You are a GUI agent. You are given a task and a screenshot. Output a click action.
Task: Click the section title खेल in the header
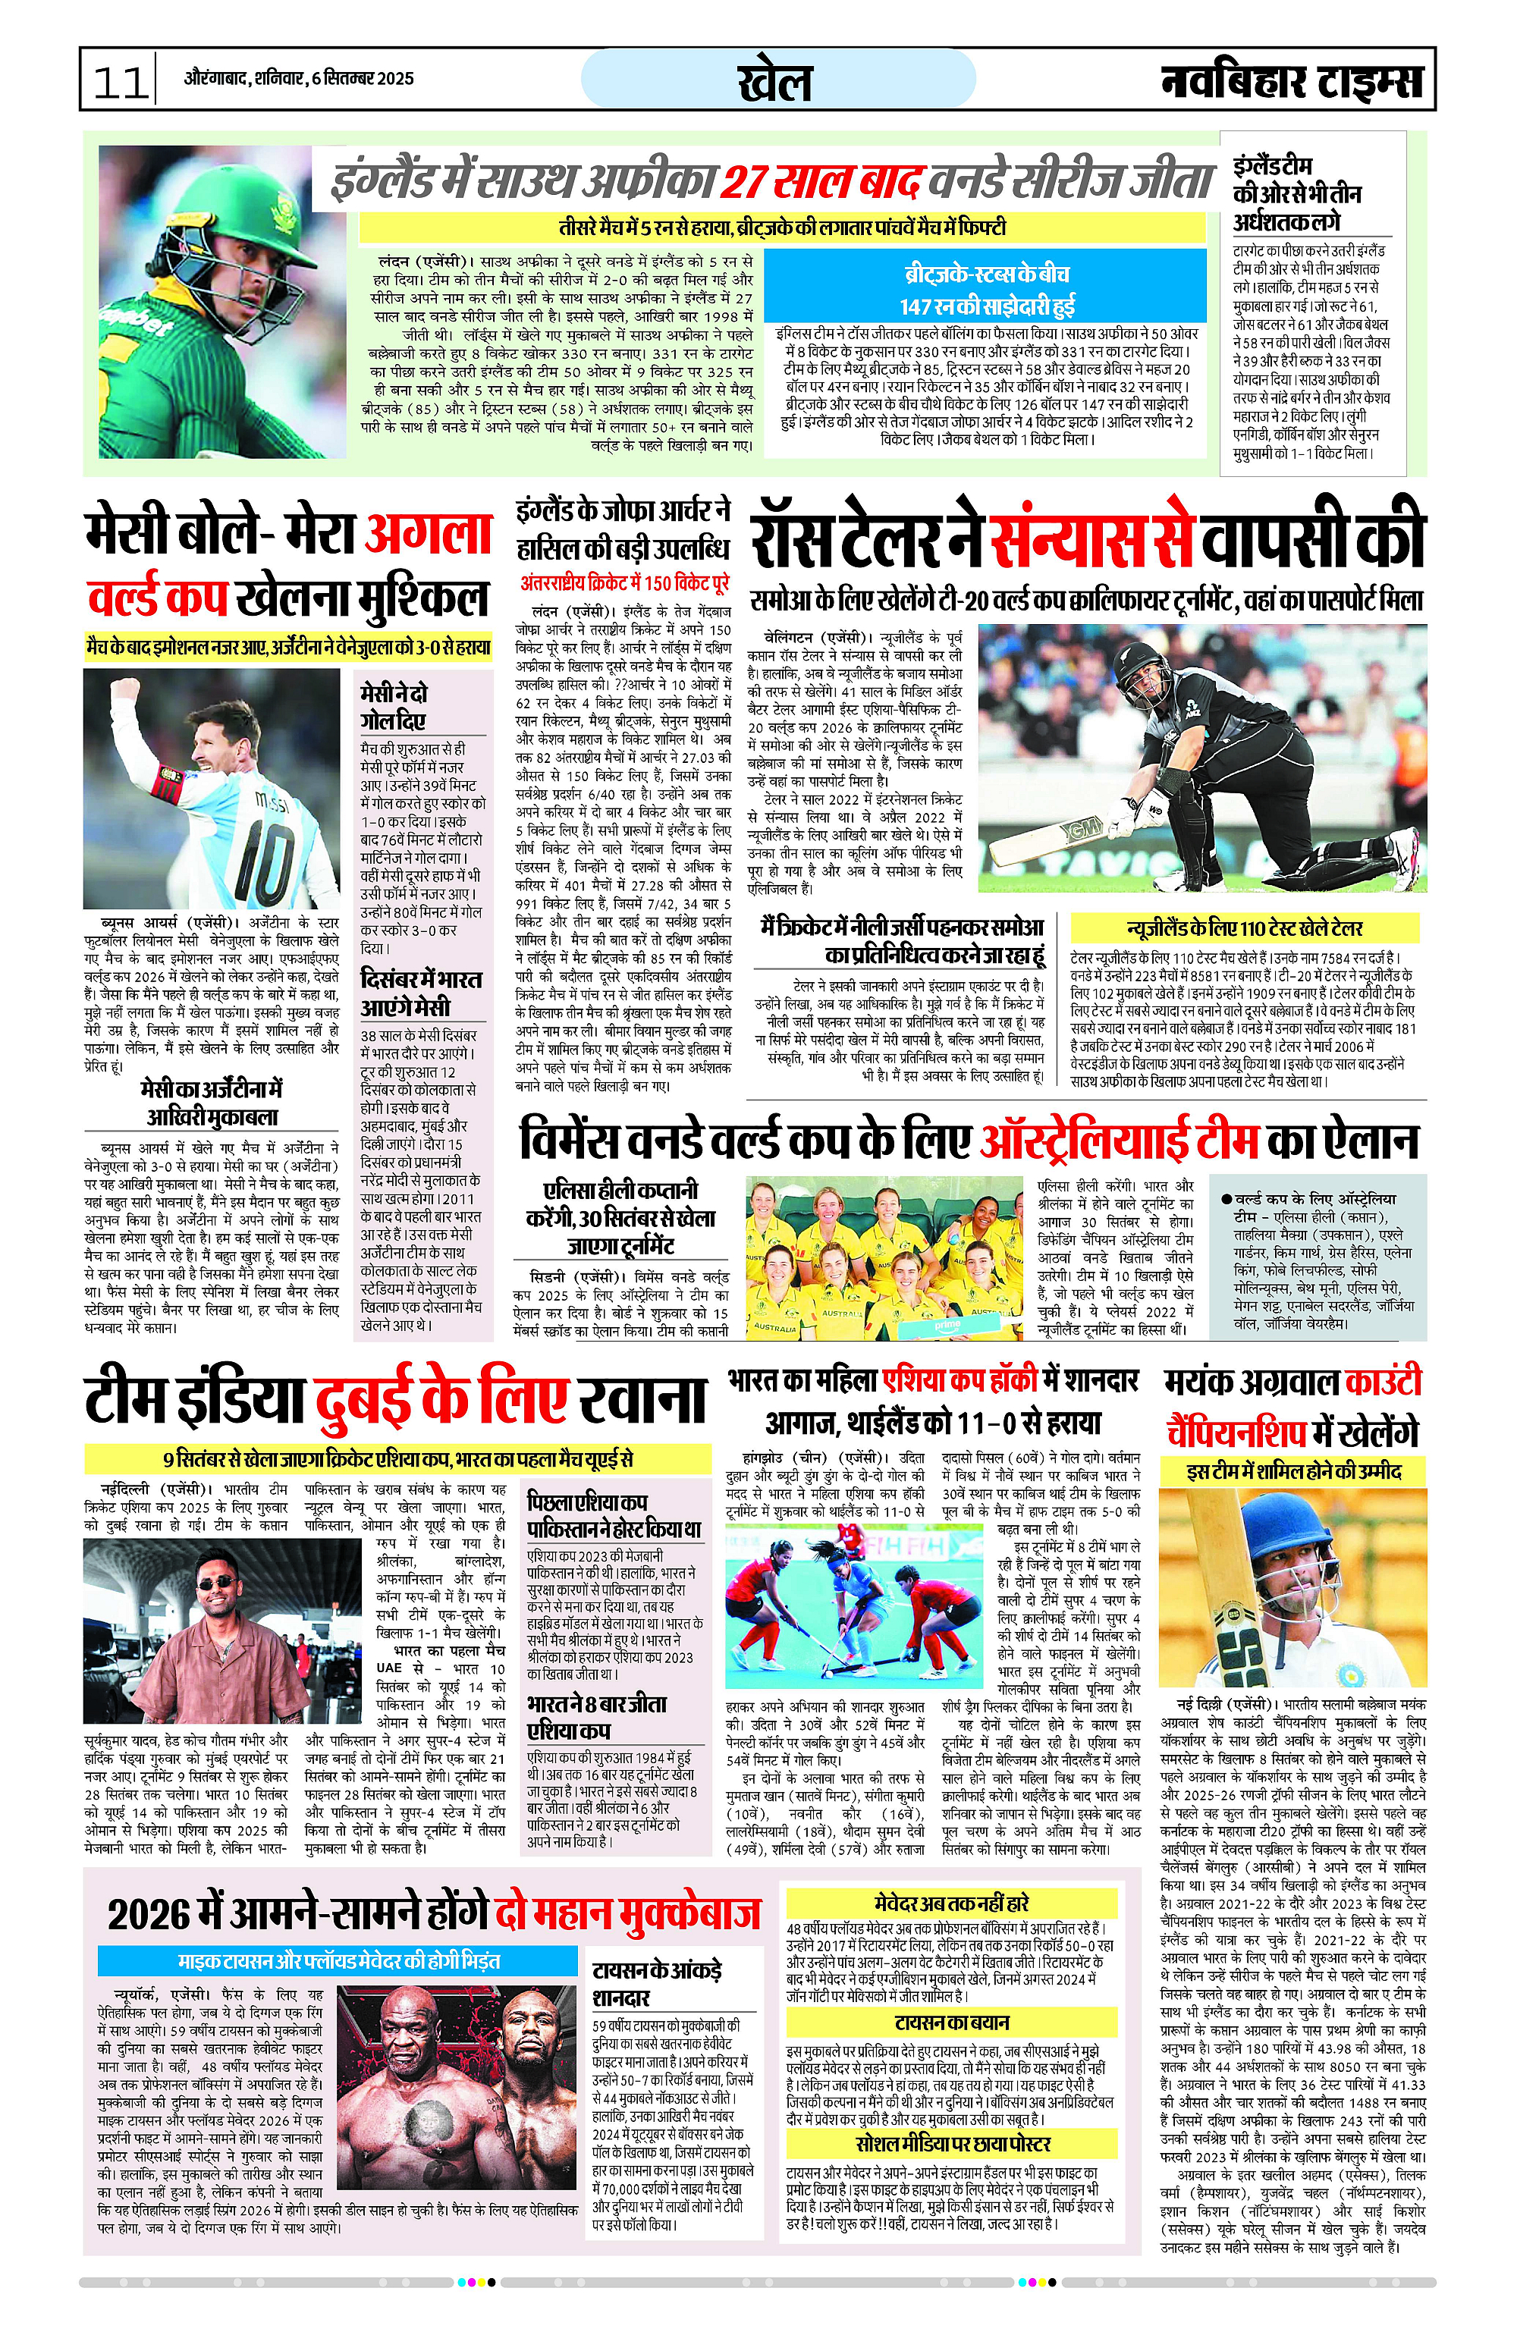(x=775, y=80)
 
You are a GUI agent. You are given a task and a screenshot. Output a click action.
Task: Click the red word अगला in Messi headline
(x=427, y=535)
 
